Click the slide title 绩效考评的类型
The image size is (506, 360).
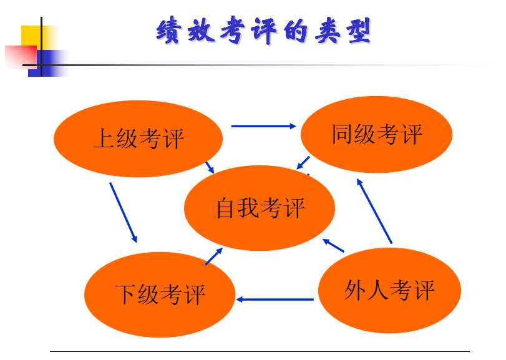(264, 31)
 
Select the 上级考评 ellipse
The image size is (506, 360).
(138, 139)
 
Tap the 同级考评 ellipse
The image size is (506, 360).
(376, 134)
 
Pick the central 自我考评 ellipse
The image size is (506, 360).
(260, 208)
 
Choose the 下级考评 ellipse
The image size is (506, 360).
(160, 294)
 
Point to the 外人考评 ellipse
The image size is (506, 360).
(389, 290)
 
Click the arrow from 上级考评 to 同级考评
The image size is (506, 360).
(264, 126)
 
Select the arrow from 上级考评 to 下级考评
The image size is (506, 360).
(124, 213)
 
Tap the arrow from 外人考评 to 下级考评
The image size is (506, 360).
(275, 299)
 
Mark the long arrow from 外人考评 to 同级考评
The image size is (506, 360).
(374, 212)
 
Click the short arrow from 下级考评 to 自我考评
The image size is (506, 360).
(214, 256)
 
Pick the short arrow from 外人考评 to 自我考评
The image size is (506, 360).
(333, 245)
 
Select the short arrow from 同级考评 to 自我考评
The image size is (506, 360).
(303, 163)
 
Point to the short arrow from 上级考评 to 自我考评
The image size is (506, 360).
(210, 167)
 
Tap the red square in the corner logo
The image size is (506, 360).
(21, 57)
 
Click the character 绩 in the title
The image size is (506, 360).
(168, 30)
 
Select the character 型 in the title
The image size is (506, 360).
(359, 31)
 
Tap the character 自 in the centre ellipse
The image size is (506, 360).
(225, 208)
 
